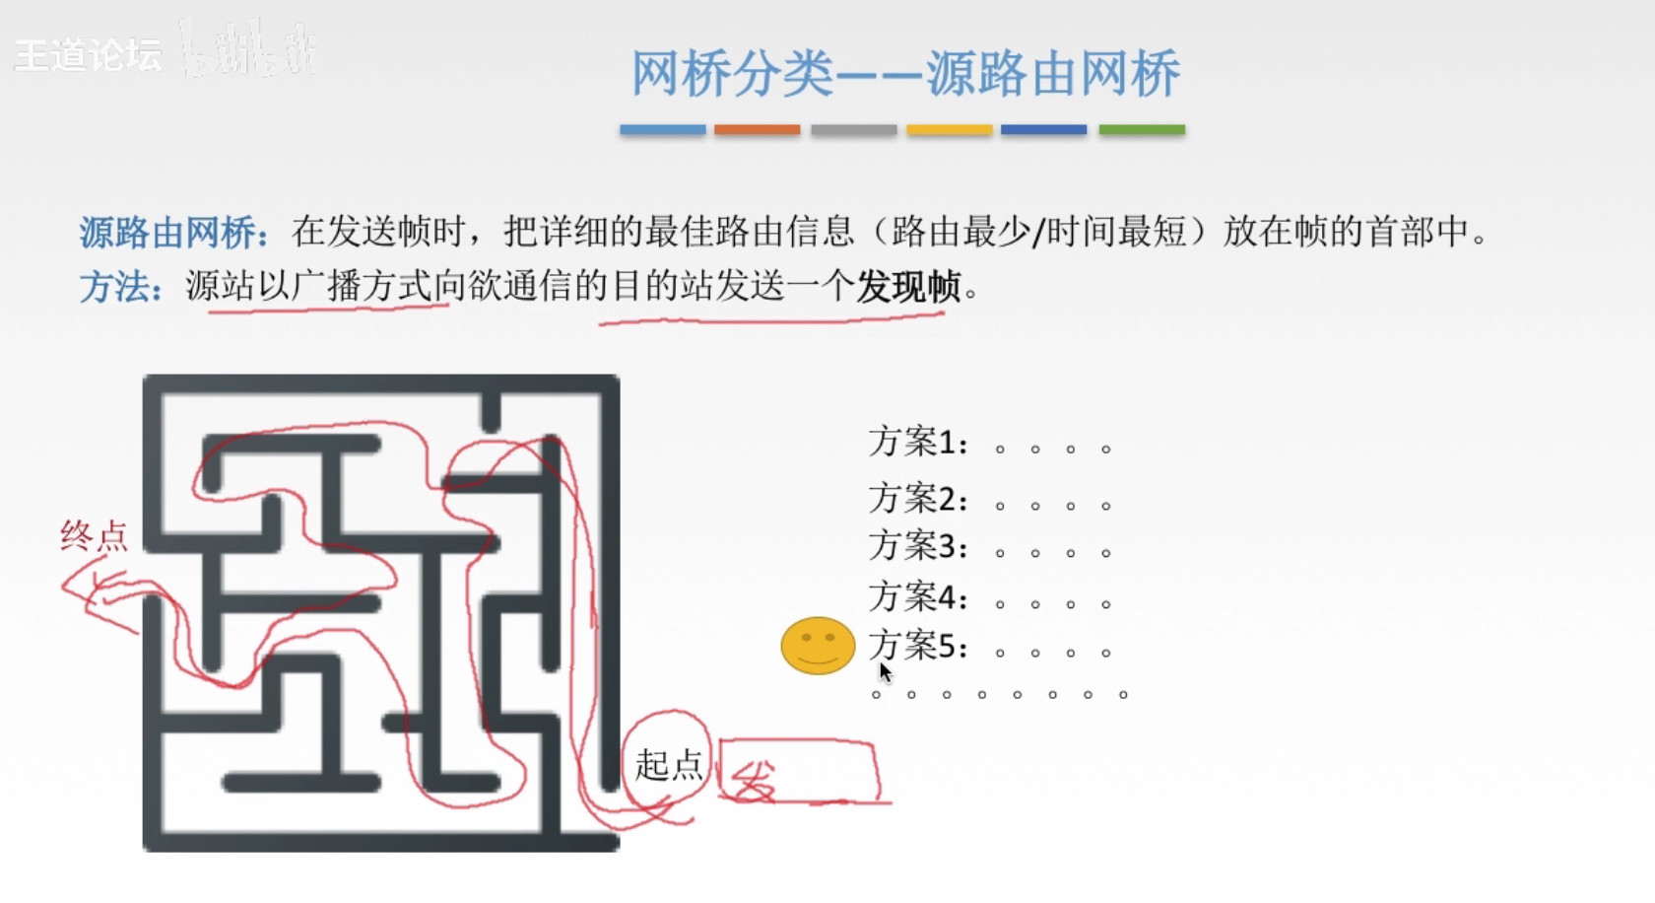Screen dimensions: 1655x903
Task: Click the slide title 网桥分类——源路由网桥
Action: point(905,74)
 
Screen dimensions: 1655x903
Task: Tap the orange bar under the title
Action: point(757,129)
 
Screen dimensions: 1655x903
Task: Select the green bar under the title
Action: point(1142,129)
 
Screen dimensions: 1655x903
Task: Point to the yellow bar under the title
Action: point(949,129)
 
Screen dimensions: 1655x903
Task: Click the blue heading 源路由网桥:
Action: point(173,234)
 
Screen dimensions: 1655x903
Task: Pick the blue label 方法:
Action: point(121,288)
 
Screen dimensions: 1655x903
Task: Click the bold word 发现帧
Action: point(908,287)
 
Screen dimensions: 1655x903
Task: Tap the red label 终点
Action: point(95,535)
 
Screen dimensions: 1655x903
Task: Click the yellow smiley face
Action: point(818,646)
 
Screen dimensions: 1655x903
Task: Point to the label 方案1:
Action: point(918,443)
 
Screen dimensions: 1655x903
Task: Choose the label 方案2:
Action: point(918,500)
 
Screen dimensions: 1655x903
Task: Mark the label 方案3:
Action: point(918,546)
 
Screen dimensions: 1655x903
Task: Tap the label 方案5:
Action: point(918,647)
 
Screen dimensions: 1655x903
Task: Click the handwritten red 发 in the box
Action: point(755,781)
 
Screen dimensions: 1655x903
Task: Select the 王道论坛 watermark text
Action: point(88,55)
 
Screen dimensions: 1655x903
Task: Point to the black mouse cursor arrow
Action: point(885,672)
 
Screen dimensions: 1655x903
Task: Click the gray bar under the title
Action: point(853,129)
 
